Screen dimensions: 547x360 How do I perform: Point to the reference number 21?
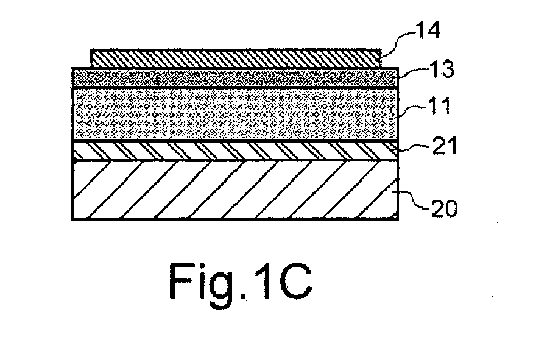point(445,146)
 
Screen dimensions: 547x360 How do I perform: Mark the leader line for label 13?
point(414,71)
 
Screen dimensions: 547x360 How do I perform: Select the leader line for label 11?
point(411,110)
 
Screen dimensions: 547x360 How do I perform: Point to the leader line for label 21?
point(414,148)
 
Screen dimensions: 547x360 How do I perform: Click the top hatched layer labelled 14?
point(236,58)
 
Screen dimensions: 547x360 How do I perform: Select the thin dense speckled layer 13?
point(235,78)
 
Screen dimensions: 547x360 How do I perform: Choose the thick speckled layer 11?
point(235,115)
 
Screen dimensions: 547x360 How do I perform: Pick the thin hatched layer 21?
point(235,150)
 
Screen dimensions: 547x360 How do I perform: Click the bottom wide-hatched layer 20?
point(235,190)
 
